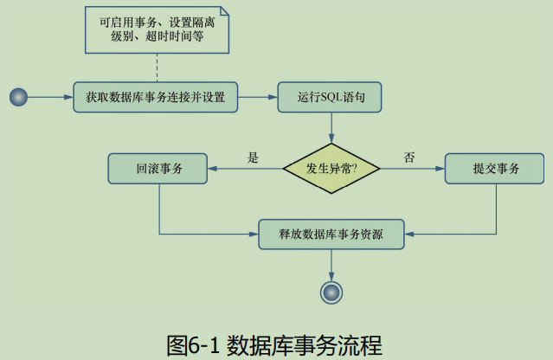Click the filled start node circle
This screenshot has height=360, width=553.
coord(19,97)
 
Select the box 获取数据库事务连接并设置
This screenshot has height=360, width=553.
coord(156,97)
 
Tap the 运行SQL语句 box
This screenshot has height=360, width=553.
coord(330,97)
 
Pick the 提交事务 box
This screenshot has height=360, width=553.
coord(496,168)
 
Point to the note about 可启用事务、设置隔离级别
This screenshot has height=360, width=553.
coord(158,29)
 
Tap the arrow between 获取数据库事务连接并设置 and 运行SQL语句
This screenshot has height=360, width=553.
coord(258,97)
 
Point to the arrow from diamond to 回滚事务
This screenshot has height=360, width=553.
coord(246,168)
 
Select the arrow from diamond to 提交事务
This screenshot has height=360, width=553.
coord(413,168)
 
